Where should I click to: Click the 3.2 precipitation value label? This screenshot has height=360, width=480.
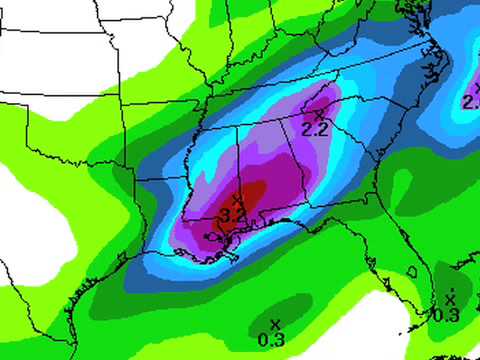233,215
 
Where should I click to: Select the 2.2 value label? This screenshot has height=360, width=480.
315,129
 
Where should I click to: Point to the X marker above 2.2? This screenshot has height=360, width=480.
318,115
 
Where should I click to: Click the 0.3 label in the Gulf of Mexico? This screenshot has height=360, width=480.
271,340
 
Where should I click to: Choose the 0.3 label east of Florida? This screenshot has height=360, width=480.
446,315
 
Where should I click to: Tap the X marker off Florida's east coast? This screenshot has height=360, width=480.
450,298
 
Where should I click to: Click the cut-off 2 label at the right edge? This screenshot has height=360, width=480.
470,102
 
